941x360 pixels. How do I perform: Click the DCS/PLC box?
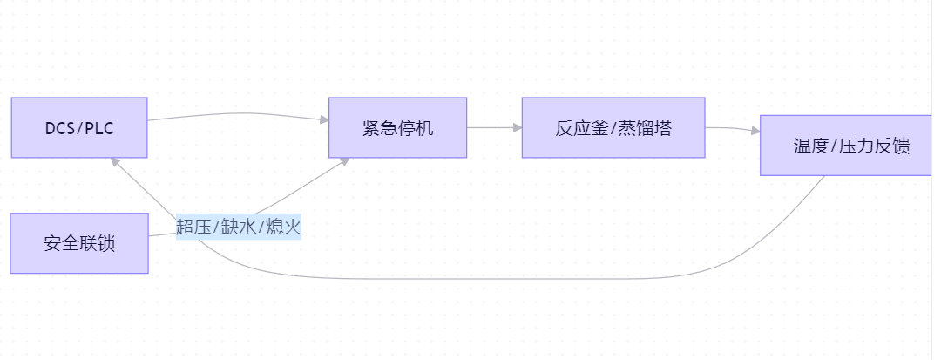click(79, 128)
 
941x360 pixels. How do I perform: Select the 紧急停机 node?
click(397, 128)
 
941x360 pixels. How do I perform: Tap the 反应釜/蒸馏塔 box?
click(613, 128)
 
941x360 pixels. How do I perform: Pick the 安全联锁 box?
click(79, 243)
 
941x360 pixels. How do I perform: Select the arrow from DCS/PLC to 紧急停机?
click(235, 113)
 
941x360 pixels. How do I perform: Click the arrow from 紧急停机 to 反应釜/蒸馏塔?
click(493, 127)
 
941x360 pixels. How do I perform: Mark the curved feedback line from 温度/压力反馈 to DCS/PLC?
click(523, 279)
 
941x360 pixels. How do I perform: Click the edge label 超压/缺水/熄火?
click(238, 228)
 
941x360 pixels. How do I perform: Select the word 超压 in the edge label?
click(193, 228)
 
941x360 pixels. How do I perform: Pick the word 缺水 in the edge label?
click(238, 228)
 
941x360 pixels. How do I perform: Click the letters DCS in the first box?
click(59, 129)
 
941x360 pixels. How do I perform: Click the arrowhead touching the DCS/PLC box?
click(114, 161)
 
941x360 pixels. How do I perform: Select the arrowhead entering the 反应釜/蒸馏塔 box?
click(518, 127)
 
